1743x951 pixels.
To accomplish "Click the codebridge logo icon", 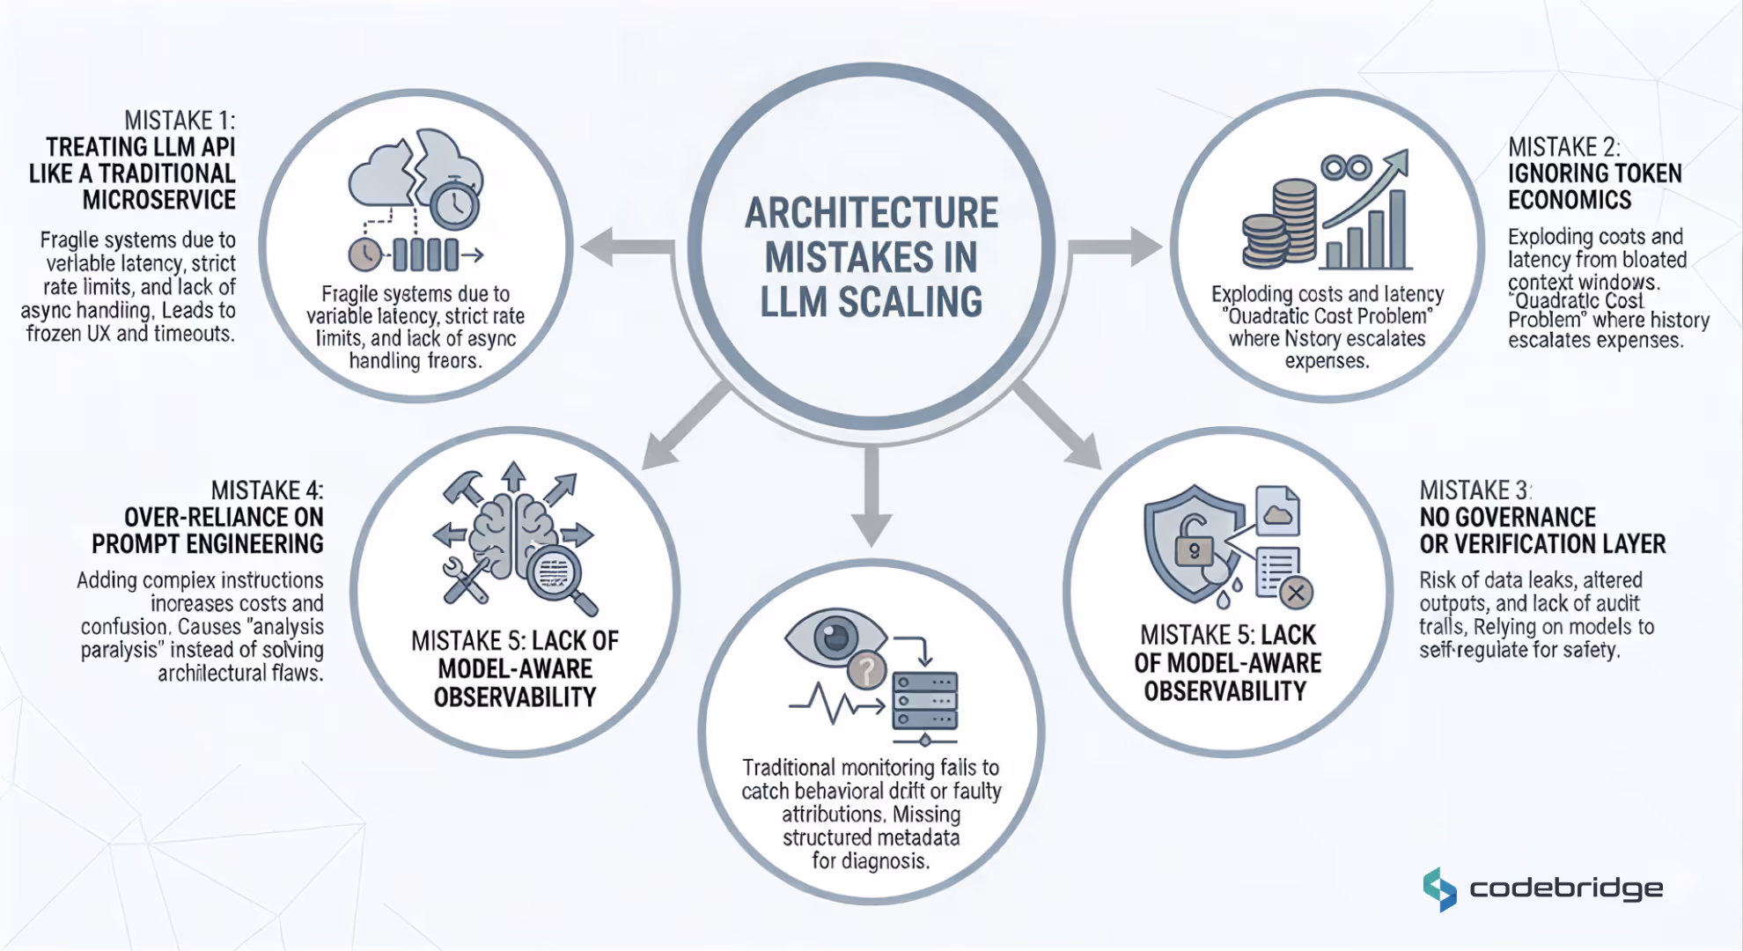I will (x=1439, y=889).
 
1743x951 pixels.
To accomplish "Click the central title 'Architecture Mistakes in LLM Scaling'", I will (x=871, y=257).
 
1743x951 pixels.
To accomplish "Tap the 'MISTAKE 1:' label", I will (x=180, y=121).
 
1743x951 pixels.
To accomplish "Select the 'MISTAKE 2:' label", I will (x=1563, y=147).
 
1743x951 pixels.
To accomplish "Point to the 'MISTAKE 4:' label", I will (x=267, y=490).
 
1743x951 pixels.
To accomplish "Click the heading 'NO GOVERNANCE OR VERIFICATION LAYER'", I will (x=1542, y=530).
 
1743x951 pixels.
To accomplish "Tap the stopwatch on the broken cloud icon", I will (x=454, y=203).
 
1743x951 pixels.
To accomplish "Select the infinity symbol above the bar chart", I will (x=1346, y=167).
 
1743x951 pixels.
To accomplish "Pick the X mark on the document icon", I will (x=1296, y=593).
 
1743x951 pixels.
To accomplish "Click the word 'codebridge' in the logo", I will (x=1566, y=889).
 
